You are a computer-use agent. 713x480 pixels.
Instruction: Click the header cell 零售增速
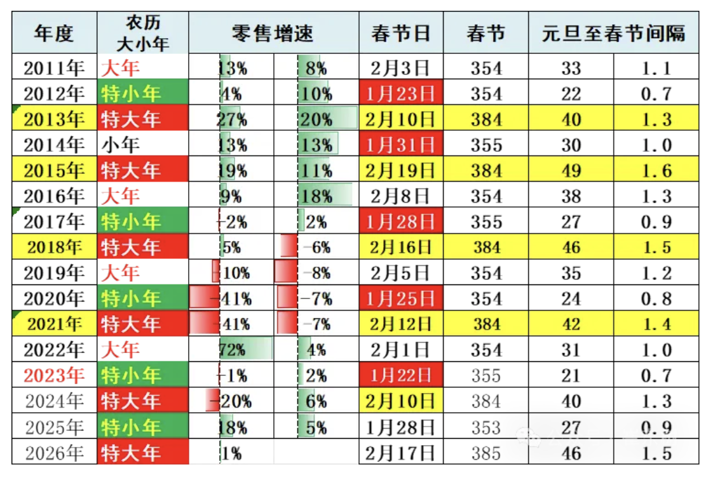coord(273,33)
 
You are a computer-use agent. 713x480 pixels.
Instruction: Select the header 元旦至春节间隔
coord(613,33)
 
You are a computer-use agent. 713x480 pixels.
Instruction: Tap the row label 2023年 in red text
coord(54,375)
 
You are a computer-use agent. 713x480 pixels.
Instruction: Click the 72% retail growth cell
coord(233,350)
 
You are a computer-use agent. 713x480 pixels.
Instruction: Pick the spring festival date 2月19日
coord(400,171)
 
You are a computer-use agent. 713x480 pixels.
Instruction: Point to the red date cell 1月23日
coord(400,94)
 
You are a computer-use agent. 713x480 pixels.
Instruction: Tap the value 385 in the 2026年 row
coord(486,453)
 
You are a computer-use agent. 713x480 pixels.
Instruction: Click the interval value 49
coord(571,171)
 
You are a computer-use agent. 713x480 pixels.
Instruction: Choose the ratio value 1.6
coord(656,171)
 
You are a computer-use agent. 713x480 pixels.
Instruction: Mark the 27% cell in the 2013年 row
coord(233,119)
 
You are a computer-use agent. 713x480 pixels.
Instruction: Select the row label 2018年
coord(54,247)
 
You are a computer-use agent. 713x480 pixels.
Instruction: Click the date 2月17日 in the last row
coord(400,453)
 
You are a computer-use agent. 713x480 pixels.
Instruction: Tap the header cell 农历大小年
coord(143,33)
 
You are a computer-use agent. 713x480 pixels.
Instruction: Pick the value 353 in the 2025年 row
coord(486,427)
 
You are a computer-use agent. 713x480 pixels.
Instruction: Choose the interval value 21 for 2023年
coord(571,375)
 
